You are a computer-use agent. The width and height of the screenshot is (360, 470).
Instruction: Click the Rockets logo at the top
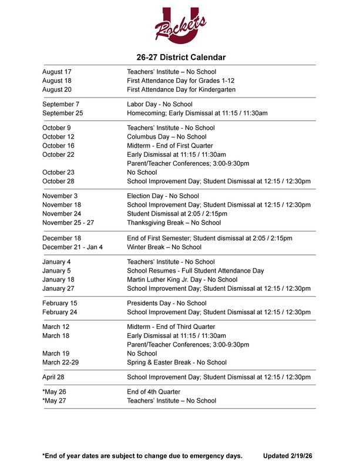tap(180, 26)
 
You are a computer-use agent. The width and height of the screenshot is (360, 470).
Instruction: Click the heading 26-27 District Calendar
tap(181, 57)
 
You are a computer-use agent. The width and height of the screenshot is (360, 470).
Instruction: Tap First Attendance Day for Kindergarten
tap(181, 89)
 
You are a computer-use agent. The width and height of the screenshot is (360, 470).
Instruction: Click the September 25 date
tap(63, 113)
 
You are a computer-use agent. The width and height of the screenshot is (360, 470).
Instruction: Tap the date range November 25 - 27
tap(68, 223)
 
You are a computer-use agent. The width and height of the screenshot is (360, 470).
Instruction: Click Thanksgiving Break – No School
tap(174, 223)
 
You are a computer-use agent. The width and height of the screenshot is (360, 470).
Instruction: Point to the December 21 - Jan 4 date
tap(72, 247)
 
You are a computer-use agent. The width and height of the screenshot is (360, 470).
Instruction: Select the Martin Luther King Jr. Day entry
tap(182, 280)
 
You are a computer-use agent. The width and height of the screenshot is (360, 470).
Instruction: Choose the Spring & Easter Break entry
tap(177, 362)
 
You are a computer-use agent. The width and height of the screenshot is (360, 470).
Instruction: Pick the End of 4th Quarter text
tap(153, 392)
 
